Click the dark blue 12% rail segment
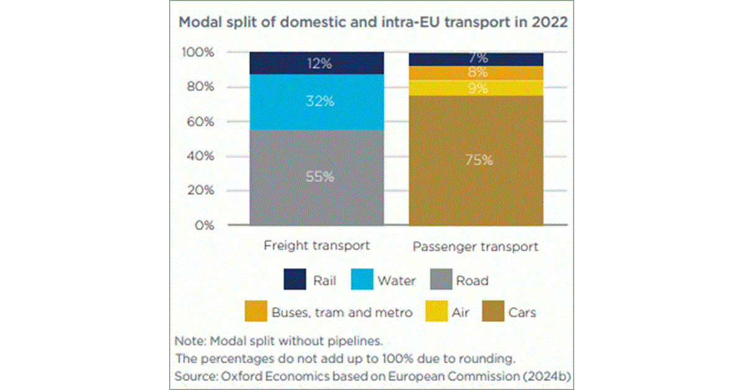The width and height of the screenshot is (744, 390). [x=316, y=63]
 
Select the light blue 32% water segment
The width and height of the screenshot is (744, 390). [x=316, y=102]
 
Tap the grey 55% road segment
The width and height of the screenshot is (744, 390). [x=316, y=177]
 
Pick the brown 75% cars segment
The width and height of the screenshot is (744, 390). [x=476, y=160]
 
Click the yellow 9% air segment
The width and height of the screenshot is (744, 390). [x=476, y=88]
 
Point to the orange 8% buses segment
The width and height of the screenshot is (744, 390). [x=476, y=72]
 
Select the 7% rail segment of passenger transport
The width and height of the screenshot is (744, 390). [x=476, y=59]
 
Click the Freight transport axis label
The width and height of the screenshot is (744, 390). [x=316, y=245]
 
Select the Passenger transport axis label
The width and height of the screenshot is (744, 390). [x=476, y=247]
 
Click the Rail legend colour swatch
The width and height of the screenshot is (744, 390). [x=295, y=280]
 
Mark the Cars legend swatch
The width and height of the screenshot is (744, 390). [x=489, y=312]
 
